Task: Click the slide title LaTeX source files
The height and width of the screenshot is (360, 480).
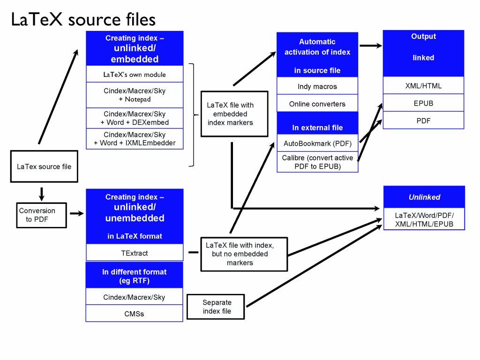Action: [83, 19]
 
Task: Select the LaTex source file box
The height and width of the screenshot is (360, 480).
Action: [44, 166]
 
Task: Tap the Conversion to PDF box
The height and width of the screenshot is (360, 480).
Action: [41, 215]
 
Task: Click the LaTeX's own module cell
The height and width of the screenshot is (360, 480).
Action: [135, 75]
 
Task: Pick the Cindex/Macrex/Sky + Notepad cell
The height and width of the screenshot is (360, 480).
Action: [135, 95]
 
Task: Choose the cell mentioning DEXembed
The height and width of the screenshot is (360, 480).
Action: [135, 118]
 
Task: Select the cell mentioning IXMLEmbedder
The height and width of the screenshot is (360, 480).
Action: [135, 139]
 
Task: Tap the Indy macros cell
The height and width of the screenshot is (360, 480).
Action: [317, 86]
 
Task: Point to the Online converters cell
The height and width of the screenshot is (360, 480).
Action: [317, 104]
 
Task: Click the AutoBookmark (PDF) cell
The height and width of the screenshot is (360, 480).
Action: [317, 143]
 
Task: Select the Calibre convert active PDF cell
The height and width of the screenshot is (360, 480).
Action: [317, 162]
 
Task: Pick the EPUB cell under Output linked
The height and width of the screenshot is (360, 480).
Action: [423, 103]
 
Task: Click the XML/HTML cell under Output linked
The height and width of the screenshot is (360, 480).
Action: [423, 86]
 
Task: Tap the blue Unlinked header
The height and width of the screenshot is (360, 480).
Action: [424, 197]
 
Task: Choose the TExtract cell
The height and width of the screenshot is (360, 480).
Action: [134, 253]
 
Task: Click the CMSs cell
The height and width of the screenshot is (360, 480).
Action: [134, 314]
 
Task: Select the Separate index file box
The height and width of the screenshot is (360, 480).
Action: [216, 307]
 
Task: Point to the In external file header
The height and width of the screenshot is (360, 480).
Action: [317, 127]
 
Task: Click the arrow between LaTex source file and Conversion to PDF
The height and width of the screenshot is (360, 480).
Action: [42, 193]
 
